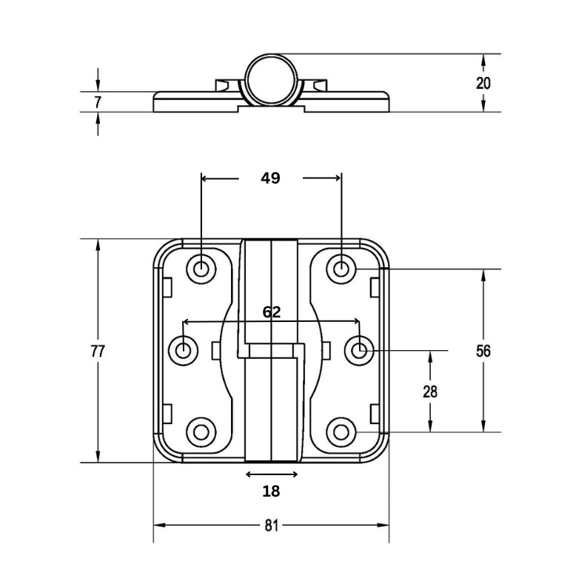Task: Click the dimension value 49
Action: [271, 178]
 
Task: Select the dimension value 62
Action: [272, 312]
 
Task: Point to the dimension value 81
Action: [271, 525]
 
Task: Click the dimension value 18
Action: [271, 490]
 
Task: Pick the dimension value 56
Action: [483, 351]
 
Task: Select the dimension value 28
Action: [430, 392]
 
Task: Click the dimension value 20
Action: [483, 83]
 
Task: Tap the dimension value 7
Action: [98, 101]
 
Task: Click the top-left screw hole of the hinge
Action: [201, 269]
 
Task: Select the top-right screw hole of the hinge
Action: [341, 269]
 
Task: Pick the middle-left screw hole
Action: [184, 350]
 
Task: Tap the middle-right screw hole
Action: [360, 350]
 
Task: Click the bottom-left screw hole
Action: [201, 431]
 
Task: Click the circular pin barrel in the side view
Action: [271, 78]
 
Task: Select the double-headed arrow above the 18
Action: [271, 474]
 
